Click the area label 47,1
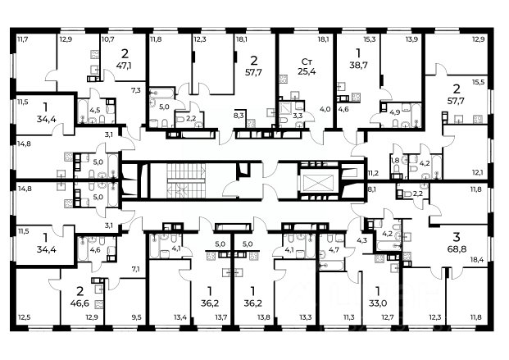pyautogui.click(x=125, y=66)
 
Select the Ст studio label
pyautogui.click(x=307, y=62)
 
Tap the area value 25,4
pyautogui.click(x=307, y=71)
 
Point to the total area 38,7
pyautogui.click(x=358, y=65)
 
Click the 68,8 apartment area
pyautogui.click(x=457, y=248)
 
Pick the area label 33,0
pyautogui.click(x=378, y=303)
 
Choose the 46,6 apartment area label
pyautogui.click(x=80, y=303)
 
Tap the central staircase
pyautogui.click(x=186, y=180)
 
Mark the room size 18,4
pyautogui.click(x=477, y=259)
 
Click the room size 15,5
pyautogui.click(x=478, y=83)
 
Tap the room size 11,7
pyautogui.click(x=22, y=39)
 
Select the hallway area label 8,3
pyautogui.click(x=239, y=115)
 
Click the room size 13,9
pyautogui.click(x=411, y=39)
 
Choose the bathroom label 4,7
pyautogui.click(x=334, y=250)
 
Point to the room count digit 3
pyautogui.click(x=457, y=237)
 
